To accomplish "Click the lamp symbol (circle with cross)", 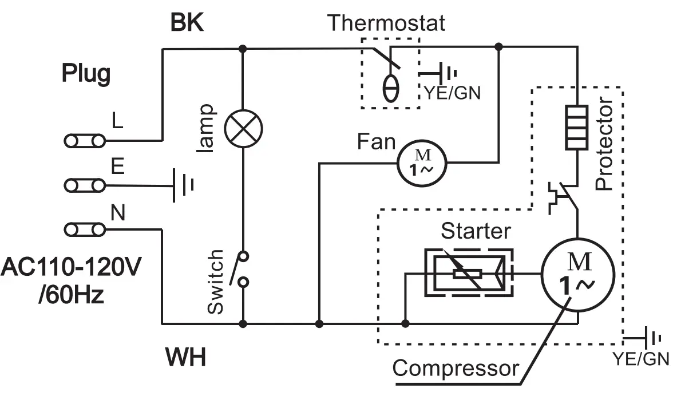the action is (243, 129).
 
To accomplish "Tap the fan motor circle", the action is (422, 163).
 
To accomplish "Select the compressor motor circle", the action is (578, 275).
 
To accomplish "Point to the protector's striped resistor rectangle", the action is (577, 127).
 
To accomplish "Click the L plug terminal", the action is (85, 141).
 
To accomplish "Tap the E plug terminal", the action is (85, 185).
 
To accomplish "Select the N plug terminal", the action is (85, 229).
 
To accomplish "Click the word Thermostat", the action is (386, 22).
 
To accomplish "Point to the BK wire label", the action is (187, 22).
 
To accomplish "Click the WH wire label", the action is (186, 357).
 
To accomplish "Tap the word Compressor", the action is (456, 369).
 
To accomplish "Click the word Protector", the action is (604, 143).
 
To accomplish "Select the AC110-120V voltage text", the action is (71, 267).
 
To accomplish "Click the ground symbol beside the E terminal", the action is (183, 185).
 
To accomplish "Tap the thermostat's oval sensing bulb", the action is (390, 89).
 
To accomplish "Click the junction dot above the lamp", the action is (243, 49).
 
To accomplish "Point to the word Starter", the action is (476, 231).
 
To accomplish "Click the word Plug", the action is (86, 74).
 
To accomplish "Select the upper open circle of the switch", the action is (243, 256).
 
